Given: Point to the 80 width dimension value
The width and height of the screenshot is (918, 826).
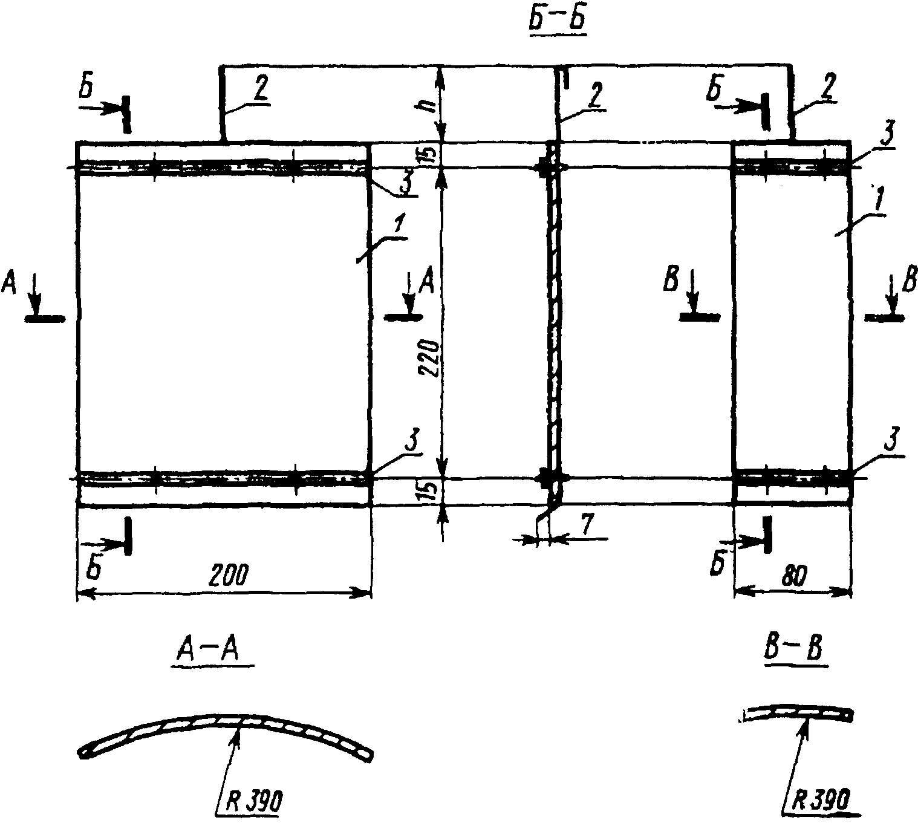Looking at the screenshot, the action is coord(795,577).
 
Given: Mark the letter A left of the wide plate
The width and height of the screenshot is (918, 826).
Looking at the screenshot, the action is coord(10,282).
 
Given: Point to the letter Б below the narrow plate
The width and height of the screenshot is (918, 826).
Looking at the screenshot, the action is coord(717,566).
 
